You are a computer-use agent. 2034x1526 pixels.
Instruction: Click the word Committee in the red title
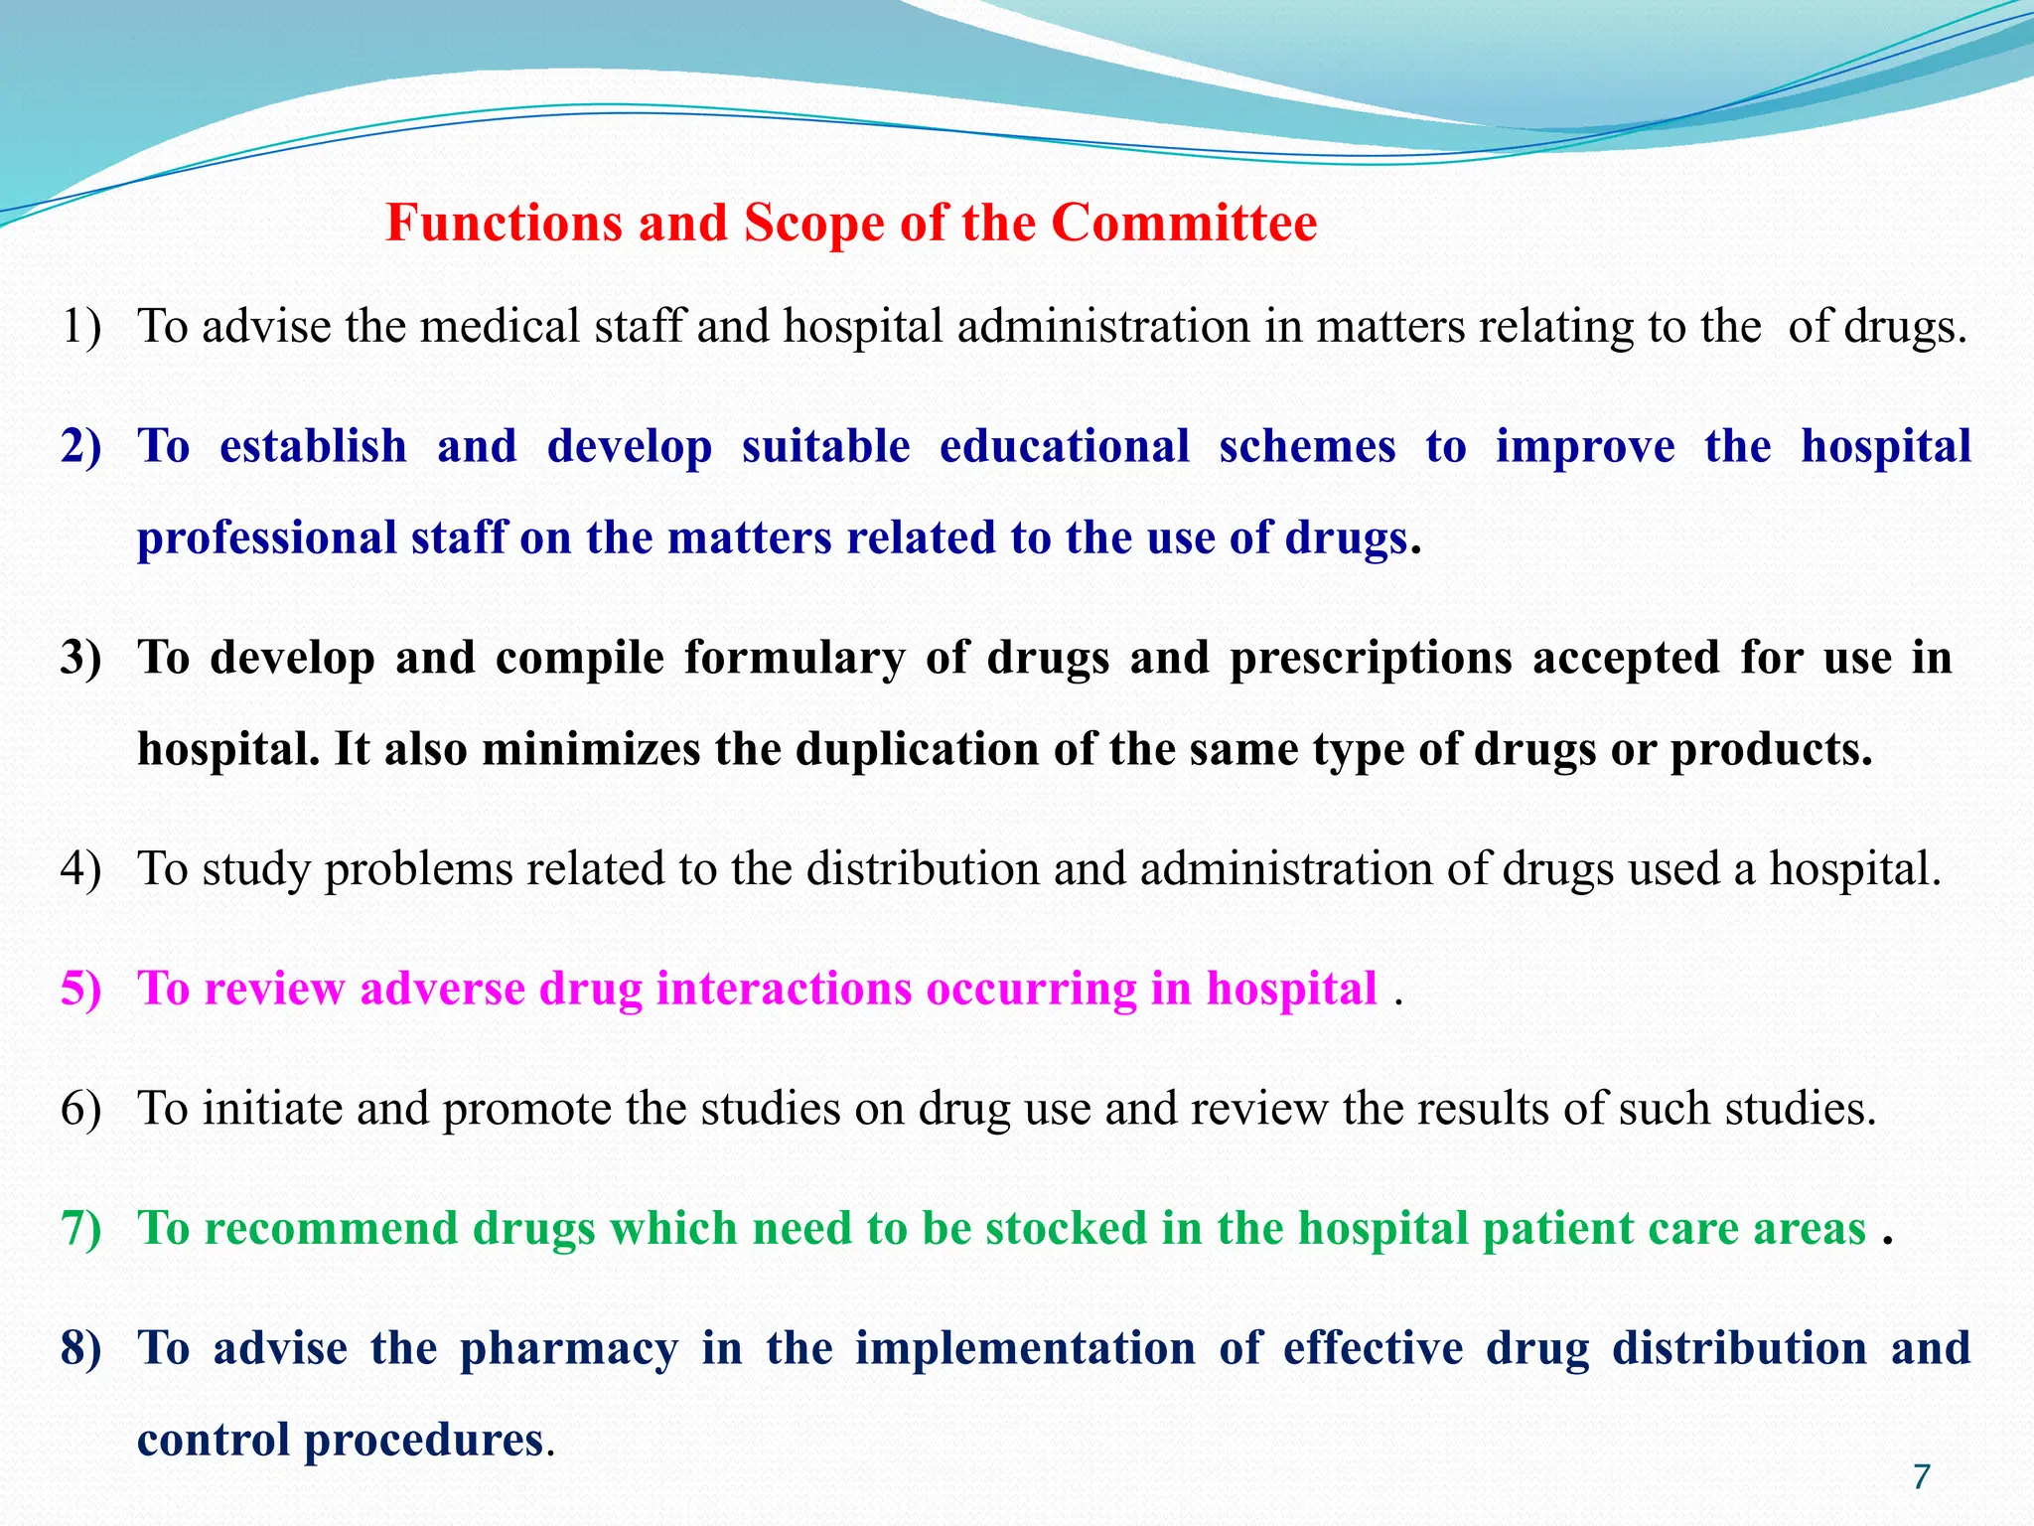click(x=1184, y=223)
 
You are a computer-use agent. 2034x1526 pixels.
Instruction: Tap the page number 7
click(x=1921, y=1477)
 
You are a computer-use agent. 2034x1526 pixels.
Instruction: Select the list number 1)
click(x=80, y=327)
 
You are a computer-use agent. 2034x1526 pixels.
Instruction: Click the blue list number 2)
click(x=80, y=446)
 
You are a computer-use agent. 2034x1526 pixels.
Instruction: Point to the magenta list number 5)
click(x=80, y=989)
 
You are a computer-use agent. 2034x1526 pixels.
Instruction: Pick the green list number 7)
click(x=80, y=1228)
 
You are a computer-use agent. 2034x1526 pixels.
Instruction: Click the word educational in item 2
click(x=1064, y=446)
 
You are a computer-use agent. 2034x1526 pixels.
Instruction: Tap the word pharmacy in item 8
click(x=569, y=1349)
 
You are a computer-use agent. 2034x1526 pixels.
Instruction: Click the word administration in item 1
click(x=1103, y=327)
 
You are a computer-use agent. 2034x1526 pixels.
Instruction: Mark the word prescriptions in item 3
click(x=1371, y=658)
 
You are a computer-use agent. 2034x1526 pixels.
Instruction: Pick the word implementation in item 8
click(x=1025, y=1349)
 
